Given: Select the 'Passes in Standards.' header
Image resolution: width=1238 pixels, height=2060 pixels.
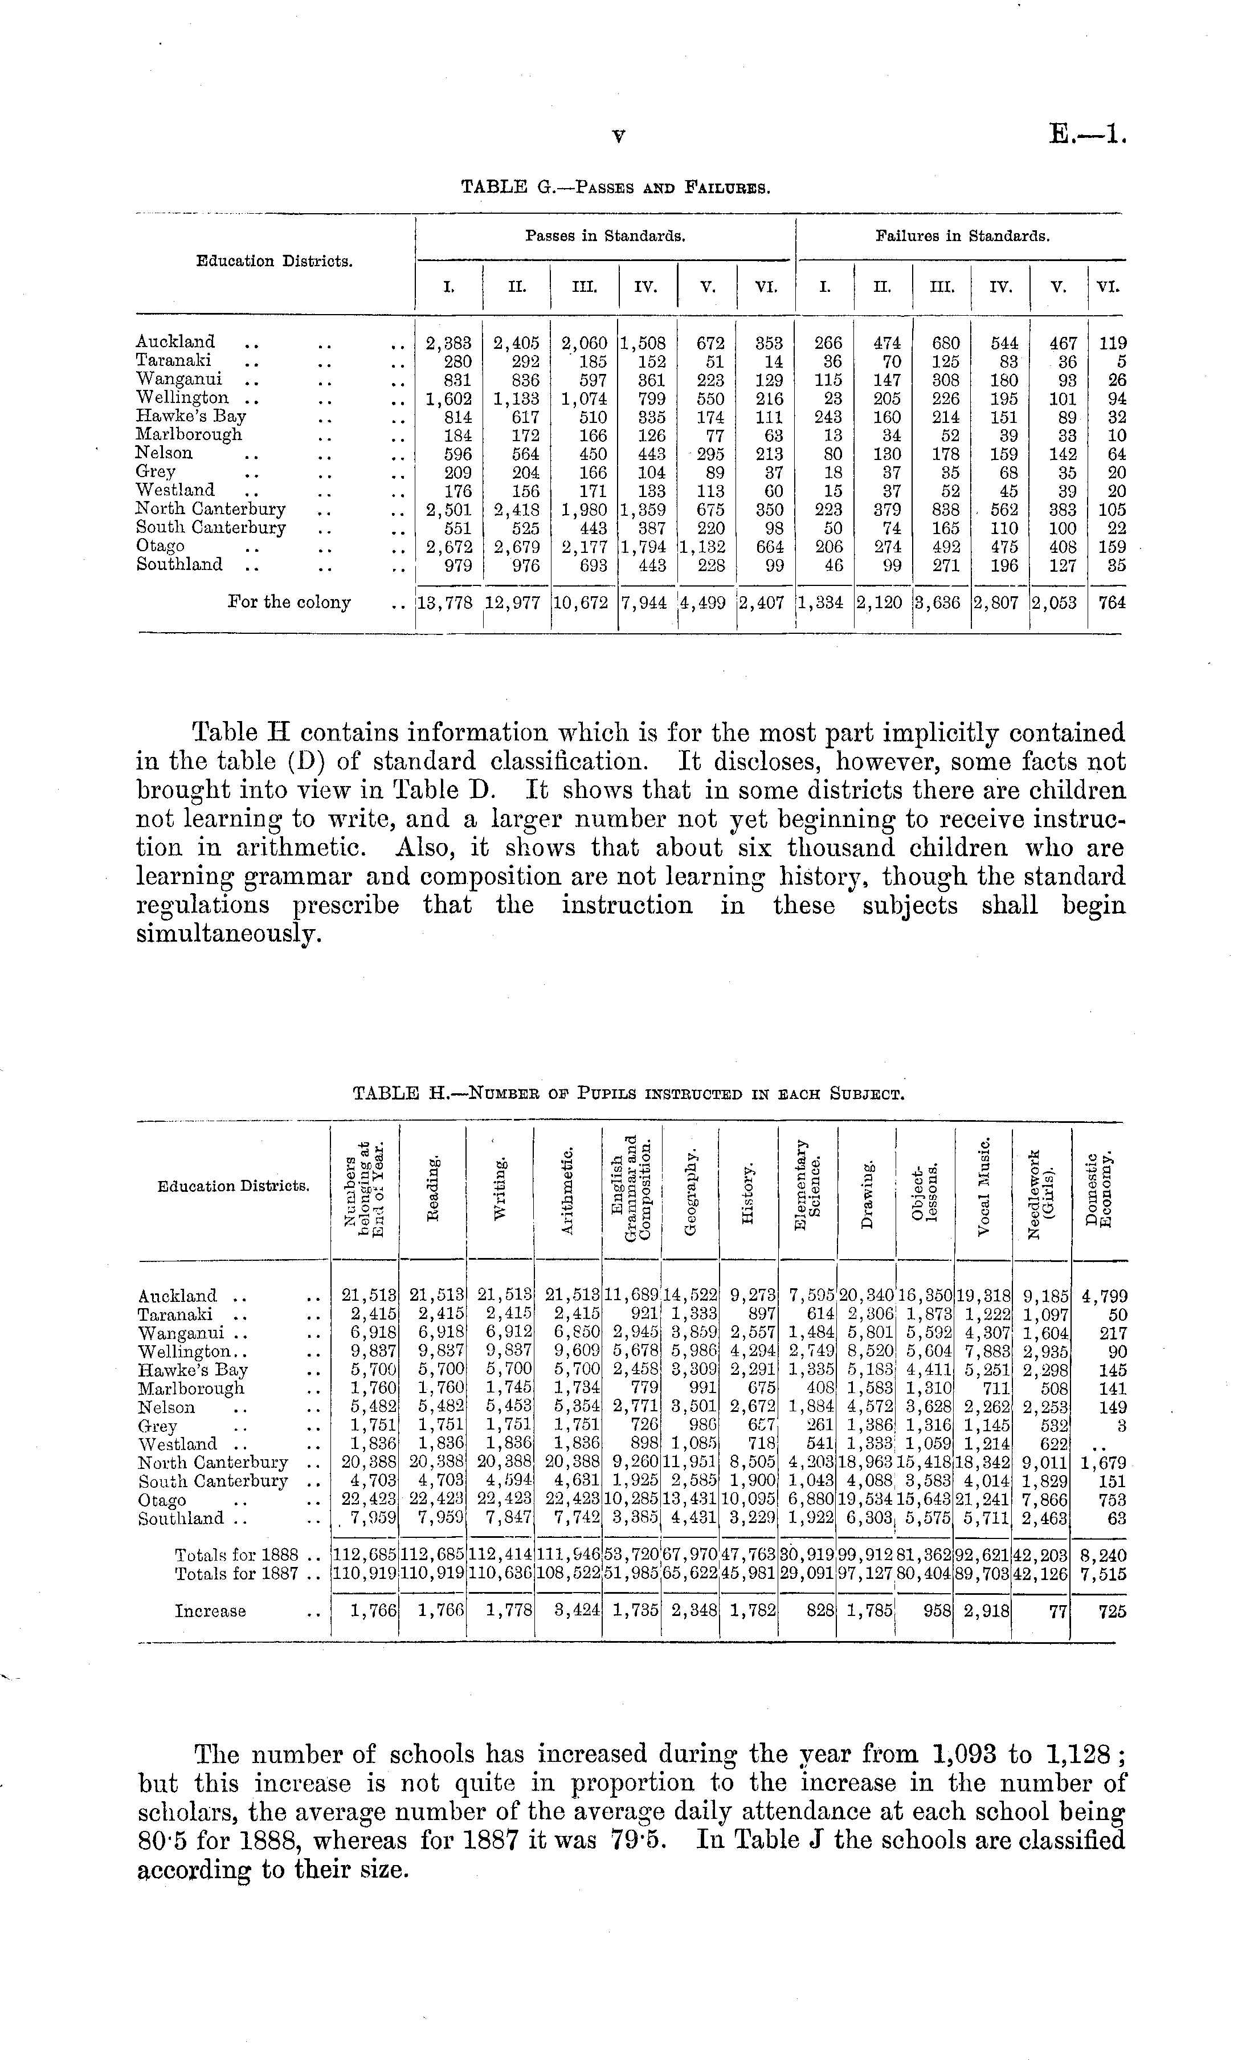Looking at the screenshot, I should coord(605,236).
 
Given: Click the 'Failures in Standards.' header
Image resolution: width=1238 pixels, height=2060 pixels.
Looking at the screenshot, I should coord(962,236).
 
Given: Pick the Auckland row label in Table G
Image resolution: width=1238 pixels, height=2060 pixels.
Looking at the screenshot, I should coord(175,341).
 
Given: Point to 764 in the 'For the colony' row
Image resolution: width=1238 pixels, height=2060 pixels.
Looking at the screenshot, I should coord(1112,602).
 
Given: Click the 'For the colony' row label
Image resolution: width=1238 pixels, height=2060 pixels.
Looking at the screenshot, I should coord(289,602).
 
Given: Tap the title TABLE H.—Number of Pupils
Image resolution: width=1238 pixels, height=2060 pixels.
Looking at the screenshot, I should coord(629,1093).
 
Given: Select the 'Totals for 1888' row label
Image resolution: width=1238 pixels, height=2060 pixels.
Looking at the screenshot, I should coord(236,1556).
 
